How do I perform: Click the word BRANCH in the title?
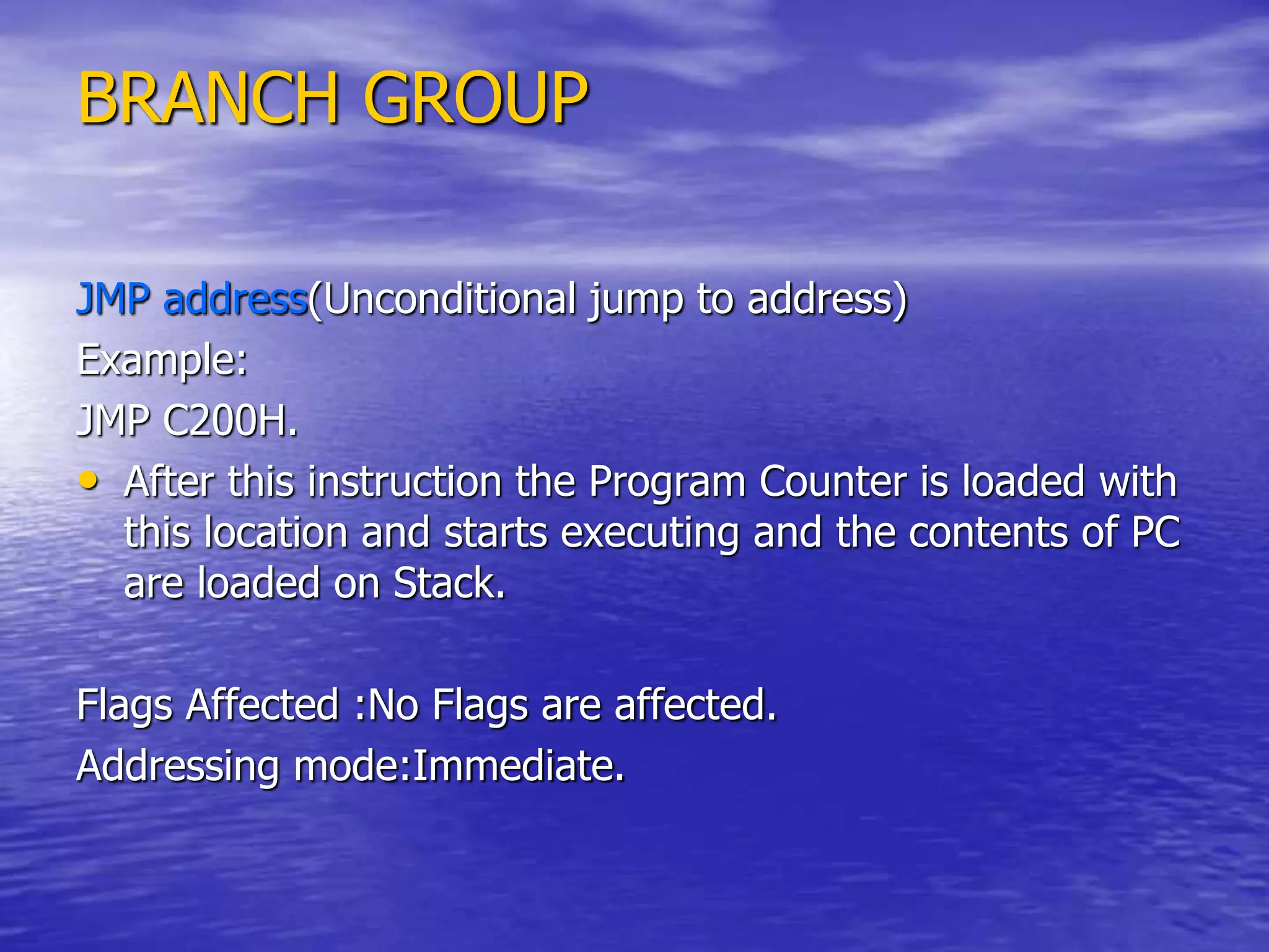[x=208, y=98]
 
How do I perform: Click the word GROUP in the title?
[x=475, y=98]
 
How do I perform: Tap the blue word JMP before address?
[x=113, y=299]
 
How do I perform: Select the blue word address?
[x=235, y=299]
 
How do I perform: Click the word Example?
[x=162, y=360]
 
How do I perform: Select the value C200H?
[x=229, y=421]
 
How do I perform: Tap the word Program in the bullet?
[x=667, y=482]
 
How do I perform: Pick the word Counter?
[x=833, y=482]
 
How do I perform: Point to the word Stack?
[x=449, y=583]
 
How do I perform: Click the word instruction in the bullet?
[x=405, y=482]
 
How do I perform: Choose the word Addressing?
[x=178, y=767]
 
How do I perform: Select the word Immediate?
[x=518, y=765]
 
